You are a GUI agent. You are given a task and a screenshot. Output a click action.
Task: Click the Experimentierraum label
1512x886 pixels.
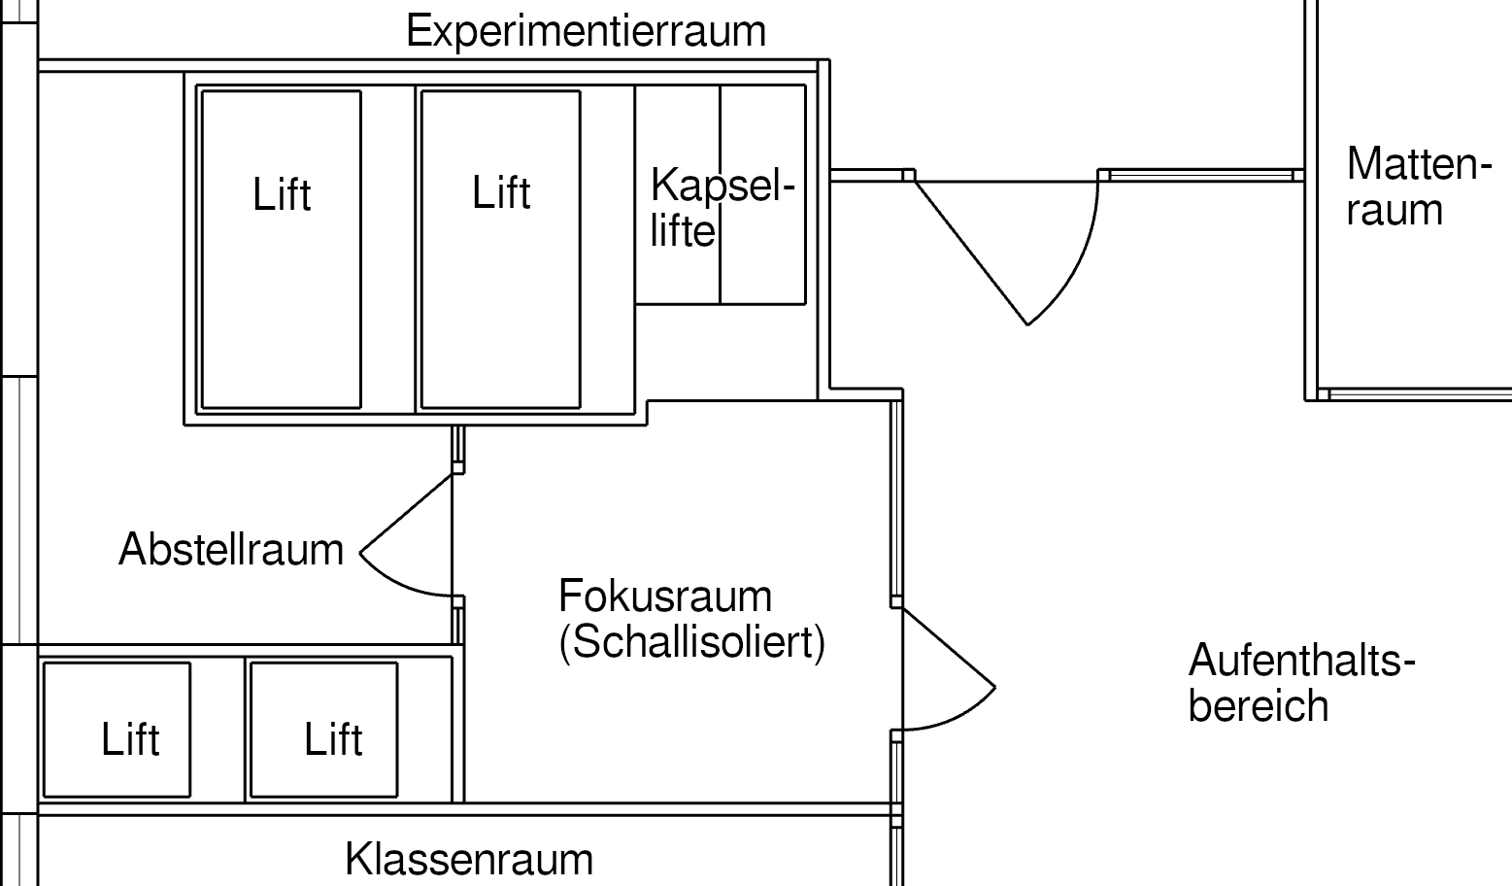pos(586,31)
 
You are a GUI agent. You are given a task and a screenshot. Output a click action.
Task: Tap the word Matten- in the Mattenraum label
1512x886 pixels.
pos(1418,164)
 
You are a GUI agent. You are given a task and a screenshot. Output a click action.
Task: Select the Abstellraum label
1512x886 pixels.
pos(231,550)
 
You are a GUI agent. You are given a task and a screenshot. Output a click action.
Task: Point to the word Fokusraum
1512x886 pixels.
pos(665,596)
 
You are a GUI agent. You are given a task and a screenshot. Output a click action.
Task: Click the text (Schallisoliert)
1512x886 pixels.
pos(691,642)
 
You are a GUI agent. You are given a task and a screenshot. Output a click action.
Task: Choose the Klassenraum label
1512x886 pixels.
pos(468,860)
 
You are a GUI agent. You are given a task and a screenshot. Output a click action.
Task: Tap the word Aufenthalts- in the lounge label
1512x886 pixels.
pos(1301,662)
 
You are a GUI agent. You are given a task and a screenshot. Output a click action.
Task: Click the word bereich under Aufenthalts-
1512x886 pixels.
pos(1258,706)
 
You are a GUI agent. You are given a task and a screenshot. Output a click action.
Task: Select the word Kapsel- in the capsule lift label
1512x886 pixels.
pos(722,185)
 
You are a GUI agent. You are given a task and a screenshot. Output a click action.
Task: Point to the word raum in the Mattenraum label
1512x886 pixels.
pos(1394,211)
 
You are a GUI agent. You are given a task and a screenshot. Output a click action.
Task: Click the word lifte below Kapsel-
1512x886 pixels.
pos(682,232)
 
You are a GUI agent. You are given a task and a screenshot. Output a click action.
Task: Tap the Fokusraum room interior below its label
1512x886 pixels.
pos(680,729)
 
